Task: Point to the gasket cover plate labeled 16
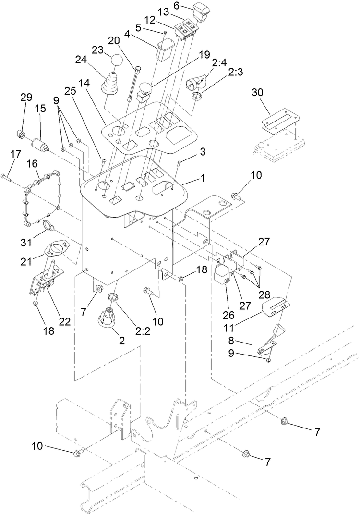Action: tap(40, 196)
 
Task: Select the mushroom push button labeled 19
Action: tap(144, 92)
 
